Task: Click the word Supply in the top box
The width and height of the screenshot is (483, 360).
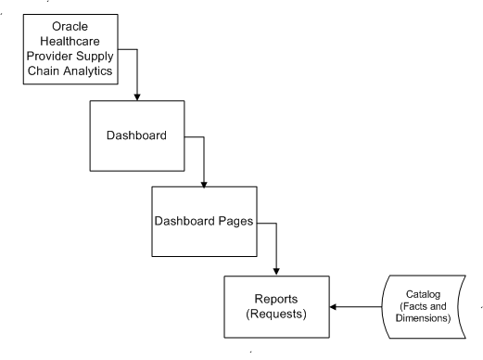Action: (106, 58)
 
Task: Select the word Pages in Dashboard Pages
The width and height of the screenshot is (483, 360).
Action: (231, 223)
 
